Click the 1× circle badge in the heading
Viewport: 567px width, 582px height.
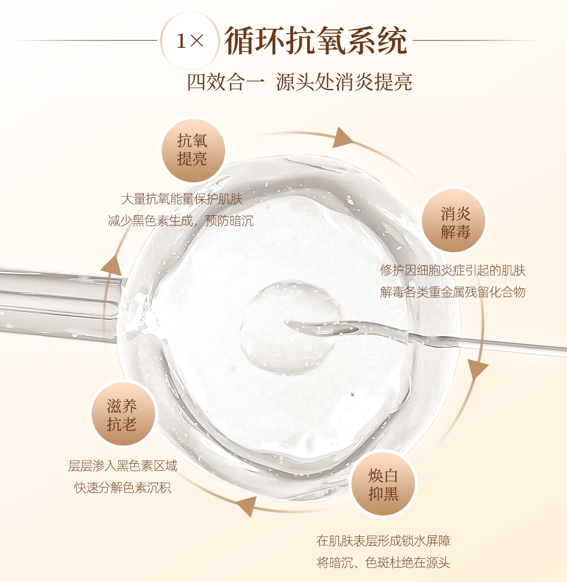tap(189, 41)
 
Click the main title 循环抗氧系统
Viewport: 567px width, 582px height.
tap(316, 40)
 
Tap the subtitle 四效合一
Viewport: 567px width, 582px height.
tap(226, 82)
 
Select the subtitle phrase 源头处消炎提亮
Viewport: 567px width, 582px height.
tap(344, 82)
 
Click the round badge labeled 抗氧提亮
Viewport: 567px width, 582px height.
tap(193, 150)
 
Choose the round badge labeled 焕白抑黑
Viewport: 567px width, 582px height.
tap(384, 484)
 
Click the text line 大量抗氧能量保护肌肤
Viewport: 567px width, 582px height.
tap(182, 199)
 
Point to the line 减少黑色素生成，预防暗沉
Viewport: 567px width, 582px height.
tap(181, 221)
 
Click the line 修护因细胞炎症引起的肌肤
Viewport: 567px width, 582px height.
tap(453, 270)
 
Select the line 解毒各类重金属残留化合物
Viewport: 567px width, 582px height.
tap(453, 292)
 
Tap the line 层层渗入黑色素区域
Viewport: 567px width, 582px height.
tap(123, 465)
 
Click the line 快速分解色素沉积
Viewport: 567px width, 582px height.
tap(123, 487)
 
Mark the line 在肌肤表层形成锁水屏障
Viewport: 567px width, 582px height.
tap(383, 541)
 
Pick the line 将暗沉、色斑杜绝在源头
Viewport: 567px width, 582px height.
tap(383, 563)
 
